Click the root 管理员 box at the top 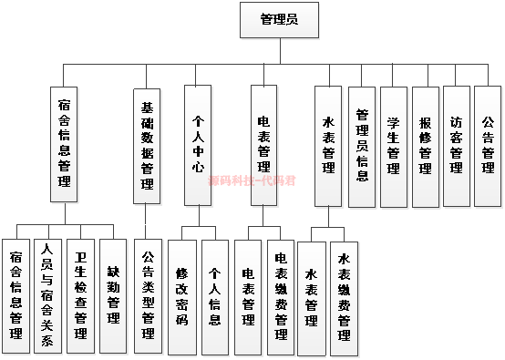tap(278, 19)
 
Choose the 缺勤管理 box tap(113, 296)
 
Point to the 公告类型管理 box tap(147, 296)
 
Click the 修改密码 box tap(181, 296)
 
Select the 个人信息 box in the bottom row tap(215, 296)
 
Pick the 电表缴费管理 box tap(281, 296)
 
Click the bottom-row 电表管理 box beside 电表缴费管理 tap(248, 296)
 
